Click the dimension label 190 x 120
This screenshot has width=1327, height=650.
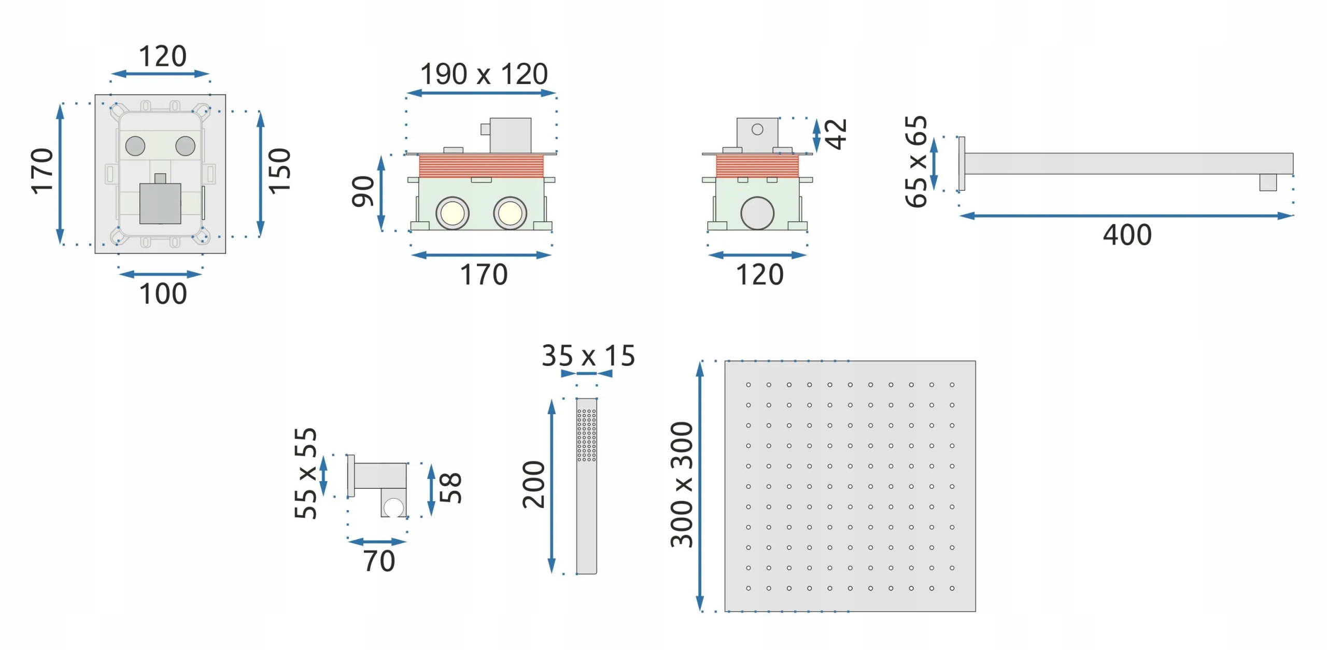click(x=484, y=74)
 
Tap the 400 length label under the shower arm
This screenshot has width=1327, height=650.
click(x=1127, y=235)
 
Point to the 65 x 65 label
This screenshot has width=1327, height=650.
click(x=916, y=162)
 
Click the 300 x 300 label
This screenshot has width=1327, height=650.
click(x=682, y=485)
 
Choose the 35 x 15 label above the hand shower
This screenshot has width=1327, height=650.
click(x=588, y=356)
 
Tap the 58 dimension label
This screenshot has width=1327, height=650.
click(x=450, y=488)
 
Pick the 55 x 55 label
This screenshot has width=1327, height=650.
click(x=305, y=473)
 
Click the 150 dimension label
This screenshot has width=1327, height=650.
click(x=279, y=172)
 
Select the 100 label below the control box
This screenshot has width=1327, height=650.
click(x=163, y=294)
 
